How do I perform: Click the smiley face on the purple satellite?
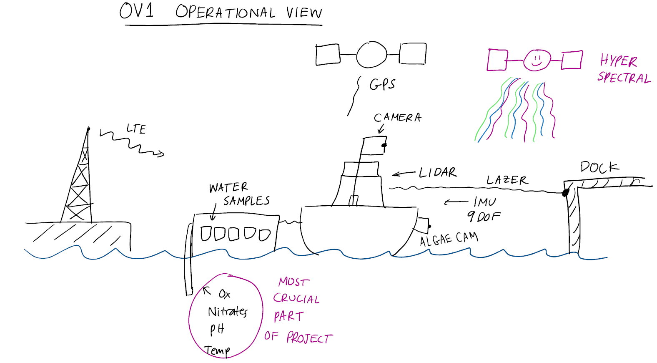pos(537,60)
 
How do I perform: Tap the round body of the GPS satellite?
pos(371,55)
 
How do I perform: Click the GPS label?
pos(382,84)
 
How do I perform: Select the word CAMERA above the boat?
pos(397,118)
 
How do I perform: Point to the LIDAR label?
pos(437,172)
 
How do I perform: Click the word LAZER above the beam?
pos(507,180)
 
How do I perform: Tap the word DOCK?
pos(599,167)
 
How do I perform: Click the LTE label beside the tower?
pos(136,129)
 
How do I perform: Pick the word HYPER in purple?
pos(618,61)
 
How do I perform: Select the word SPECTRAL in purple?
pos(624,78)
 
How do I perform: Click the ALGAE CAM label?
pos(449,239)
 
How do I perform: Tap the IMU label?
pos(484,202)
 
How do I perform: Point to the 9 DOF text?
pos(484,217)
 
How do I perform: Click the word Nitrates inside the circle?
pos(228,312)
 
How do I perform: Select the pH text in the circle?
pos(217,329)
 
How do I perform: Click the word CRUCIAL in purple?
pos(296,299)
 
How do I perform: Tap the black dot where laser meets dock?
pos(566,193)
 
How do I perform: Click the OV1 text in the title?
pos(136,11)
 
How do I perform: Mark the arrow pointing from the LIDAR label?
pos(404,174)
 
